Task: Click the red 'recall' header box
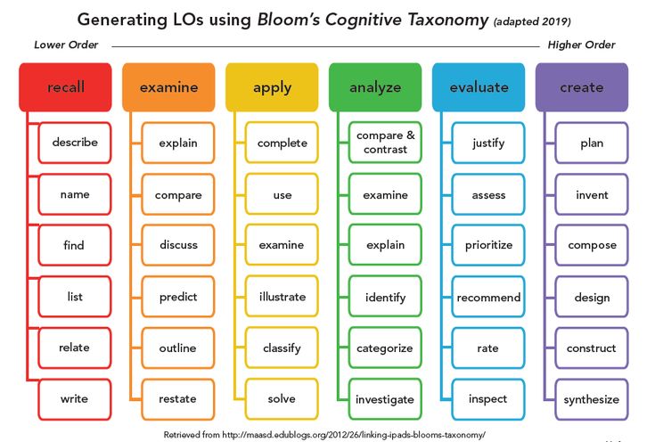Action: [65, 87]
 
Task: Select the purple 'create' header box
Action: [582, 87]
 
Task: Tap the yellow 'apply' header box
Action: [272, 87]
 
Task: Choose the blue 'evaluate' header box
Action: [479, 87]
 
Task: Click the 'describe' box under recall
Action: [75, 143]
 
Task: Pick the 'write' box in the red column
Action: [75, 399]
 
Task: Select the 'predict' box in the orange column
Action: [178, 297]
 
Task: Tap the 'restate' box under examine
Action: [178, 399]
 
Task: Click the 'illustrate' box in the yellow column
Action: [282, 297]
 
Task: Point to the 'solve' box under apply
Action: [282, 399]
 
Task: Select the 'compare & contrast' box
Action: [385, 143]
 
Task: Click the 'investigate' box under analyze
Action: [385, 399]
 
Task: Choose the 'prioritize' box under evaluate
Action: [488, 245]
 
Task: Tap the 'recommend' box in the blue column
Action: [488, 297]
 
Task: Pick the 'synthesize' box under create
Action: [592, 399]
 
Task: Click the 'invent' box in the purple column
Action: [592, 194]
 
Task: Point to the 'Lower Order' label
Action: [66, 45]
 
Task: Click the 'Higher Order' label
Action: [581, 45]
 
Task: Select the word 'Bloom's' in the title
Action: [288, 20]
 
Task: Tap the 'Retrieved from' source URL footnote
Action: [324, 435]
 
